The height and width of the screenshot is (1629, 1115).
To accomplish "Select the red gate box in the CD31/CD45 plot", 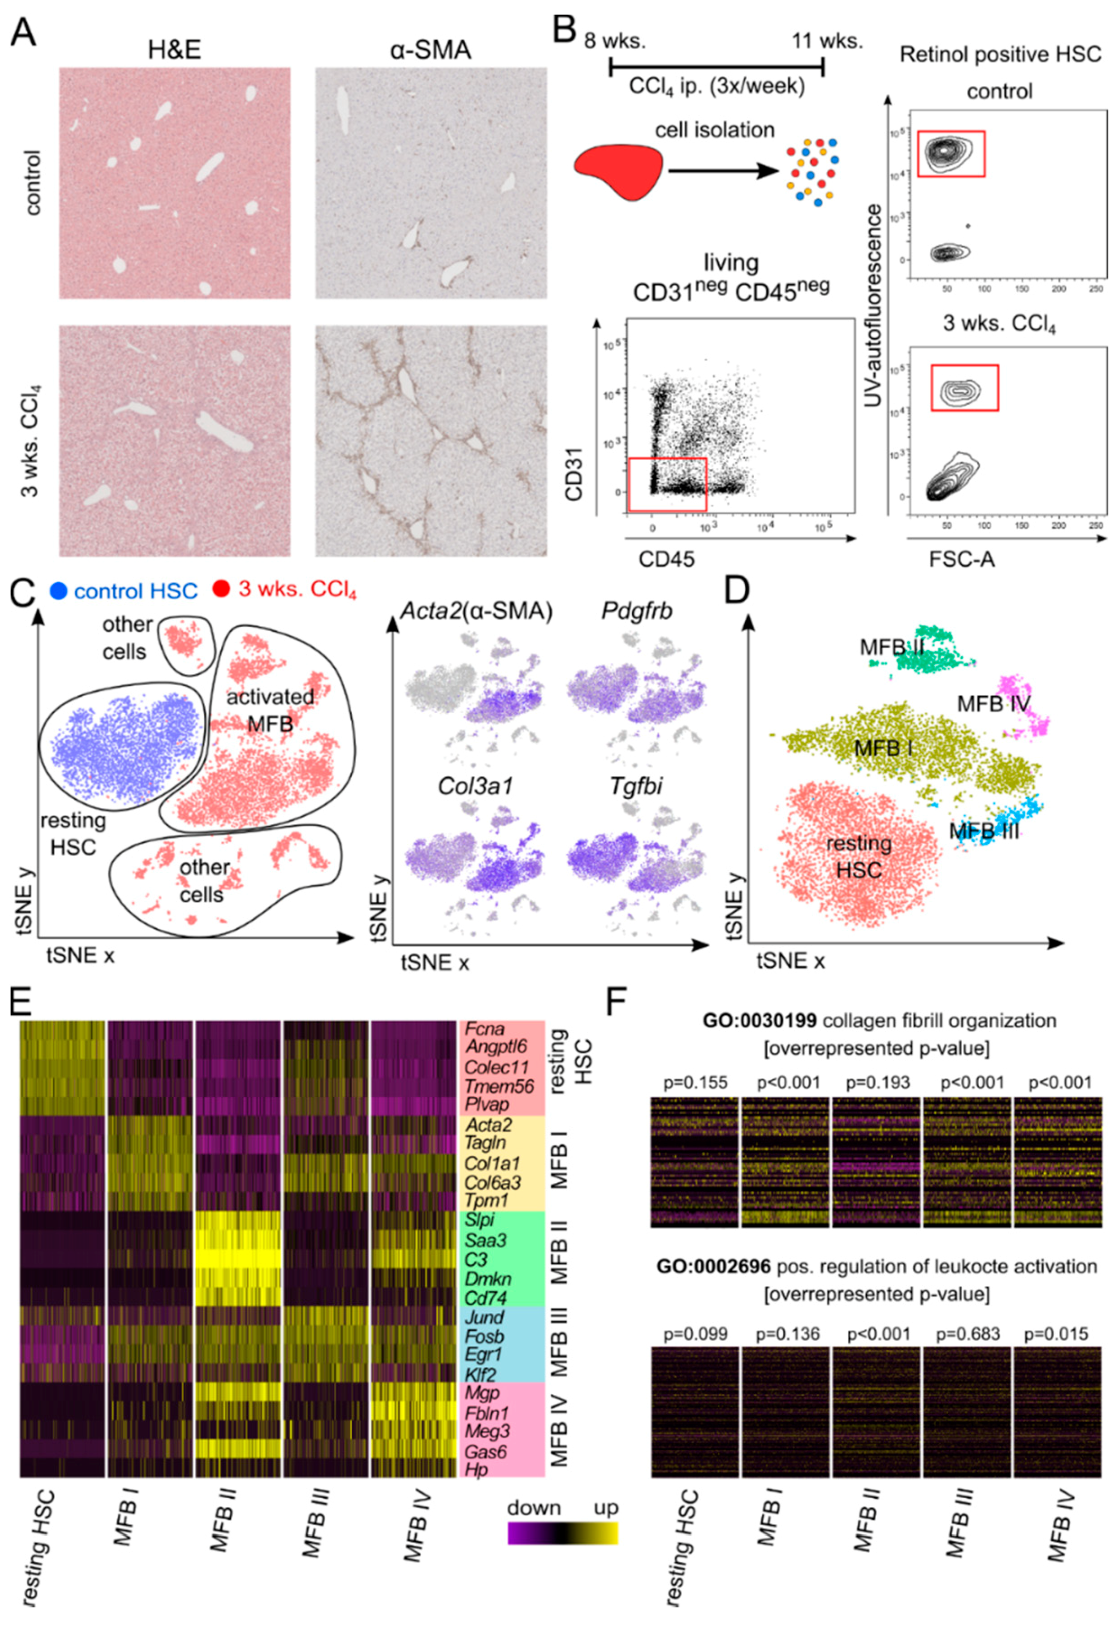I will point(666,484).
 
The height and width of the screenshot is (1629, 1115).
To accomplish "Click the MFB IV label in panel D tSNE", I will point(994,703).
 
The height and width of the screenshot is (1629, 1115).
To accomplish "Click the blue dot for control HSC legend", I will point(59,590).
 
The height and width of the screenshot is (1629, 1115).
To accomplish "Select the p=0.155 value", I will point(694,1082).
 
